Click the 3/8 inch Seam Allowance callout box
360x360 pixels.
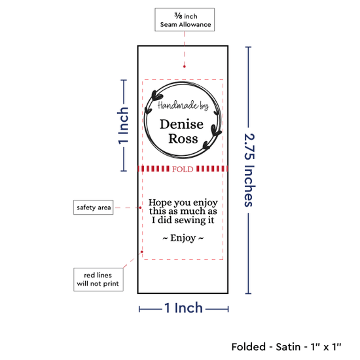pos(185,20)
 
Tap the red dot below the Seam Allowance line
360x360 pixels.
pos(185,67)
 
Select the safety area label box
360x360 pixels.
pos(93,207)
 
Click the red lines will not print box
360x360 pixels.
pos(98,279)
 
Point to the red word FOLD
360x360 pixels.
pos(183,170)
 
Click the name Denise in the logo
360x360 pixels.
pos(181,124)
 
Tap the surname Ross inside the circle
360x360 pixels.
pos(183,139)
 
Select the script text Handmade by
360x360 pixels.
pos(183,105)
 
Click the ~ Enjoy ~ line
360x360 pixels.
pos(183,238)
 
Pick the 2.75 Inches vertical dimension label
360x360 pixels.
pos(249,170)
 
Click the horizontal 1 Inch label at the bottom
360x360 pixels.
pos(184,308)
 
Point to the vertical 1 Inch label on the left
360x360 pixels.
pos(123,126)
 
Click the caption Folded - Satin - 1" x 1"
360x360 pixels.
pos(286,347)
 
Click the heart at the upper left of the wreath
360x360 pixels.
pos(157,96)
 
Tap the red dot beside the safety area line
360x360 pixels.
pos(140,207)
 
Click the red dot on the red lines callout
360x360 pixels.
pos(142,252)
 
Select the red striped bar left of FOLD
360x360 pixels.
pos(154,169)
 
